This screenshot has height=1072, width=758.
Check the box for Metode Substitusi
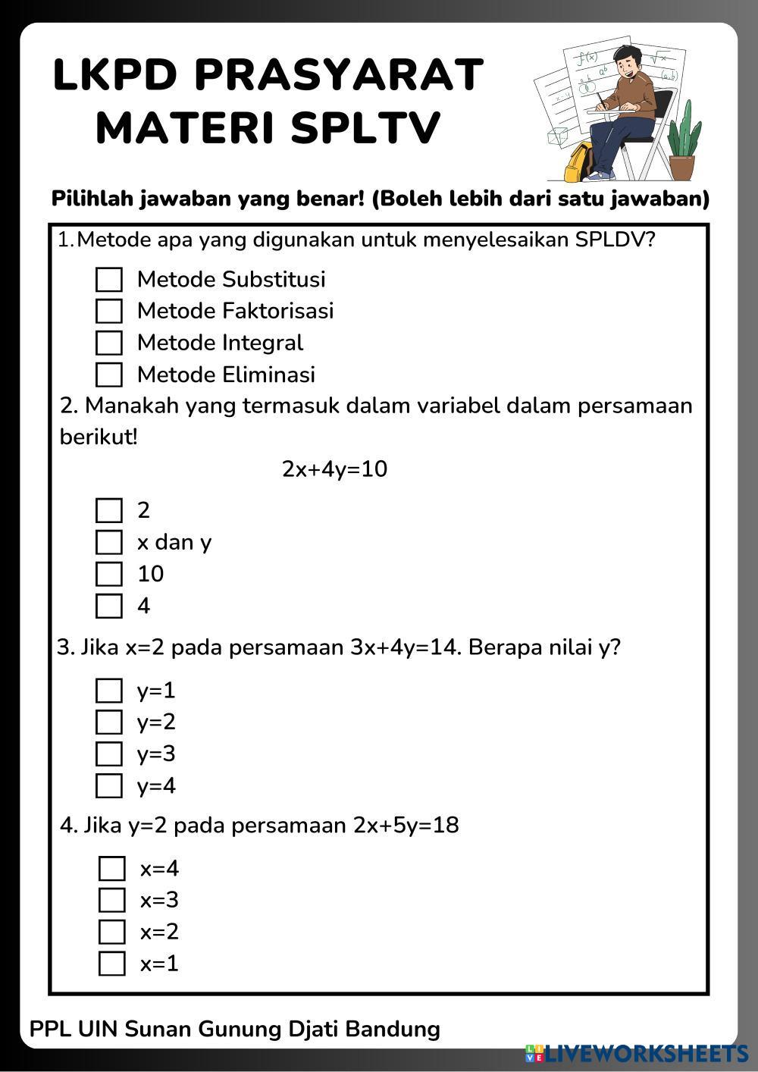coord(109,280)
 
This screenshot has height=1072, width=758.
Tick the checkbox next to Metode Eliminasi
coord(109,375)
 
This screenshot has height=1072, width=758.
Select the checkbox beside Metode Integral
coord(109,343)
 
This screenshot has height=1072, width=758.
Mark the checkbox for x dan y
coord(109,542)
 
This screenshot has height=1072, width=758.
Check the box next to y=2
coord(109,722)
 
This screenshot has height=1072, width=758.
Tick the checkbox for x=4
coord(112,869)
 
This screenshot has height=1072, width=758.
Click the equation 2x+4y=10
coord(334,469)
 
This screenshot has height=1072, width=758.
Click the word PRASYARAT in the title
coord(338,75)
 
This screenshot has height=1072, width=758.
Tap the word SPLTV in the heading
coord(365,127)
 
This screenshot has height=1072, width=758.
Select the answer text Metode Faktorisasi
coord(235,311)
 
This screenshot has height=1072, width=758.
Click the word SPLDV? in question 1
coord(615,240)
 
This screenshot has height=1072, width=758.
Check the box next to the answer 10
coord(109,574)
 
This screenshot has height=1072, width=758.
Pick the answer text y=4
coord(156,785)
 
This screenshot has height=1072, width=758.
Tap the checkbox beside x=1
coord(112,964)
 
